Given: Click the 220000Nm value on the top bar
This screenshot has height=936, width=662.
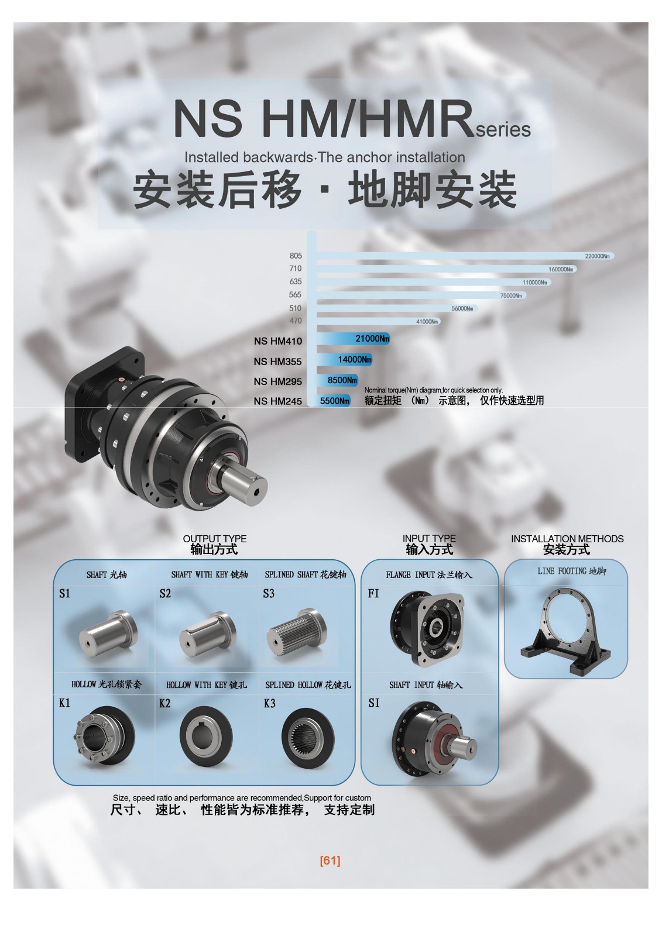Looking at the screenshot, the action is click(597, 256).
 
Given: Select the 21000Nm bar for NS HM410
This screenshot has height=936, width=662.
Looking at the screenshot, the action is click(353, 339).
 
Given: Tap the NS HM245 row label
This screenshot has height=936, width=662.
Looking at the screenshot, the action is click(277, 401).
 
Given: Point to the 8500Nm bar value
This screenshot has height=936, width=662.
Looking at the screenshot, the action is click(342, 380).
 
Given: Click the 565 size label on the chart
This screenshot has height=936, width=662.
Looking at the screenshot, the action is click(295, 295).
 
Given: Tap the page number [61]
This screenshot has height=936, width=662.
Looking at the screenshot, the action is click(330, 861).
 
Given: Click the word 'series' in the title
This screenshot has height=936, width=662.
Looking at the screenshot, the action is click(503, 129).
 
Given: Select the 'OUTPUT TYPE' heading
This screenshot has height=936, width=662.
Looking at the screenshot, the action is click(215, 539).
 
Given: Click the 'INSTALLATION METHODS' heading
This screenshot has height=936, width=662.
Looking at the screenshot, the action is click(567, 539).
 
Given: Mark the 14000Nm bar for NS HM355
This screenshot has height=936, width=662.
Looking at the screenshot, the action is click(344, 359).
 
